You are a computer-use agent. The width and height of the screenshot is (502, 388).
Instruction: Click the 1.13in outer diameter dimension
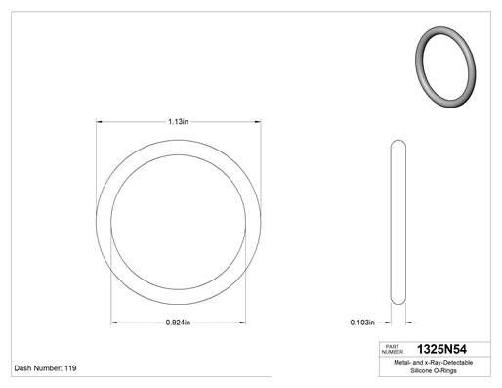click(178, 122)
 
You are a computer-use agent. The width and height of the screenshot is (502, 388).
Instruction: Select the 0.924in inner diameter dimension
click(178, 323)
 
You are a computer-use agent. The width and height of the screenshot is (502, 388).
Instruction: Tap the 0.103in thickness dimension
click(362, 323)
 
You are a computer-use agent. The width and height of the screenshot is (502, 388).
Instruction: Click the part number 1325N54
click(441, 349)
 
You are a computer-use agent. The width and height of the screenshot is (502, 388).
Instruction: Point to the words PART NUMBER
click(393, 349)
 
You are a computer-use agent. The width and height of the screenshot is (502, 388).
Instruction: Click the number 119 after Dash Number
click(70, 368)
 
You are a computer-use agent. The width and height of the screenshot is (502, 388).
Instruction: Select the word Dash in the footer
click(22, 368)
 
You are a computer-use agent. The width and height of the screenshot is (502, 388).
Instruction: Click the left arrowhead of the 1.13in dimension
click(99, 122)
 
